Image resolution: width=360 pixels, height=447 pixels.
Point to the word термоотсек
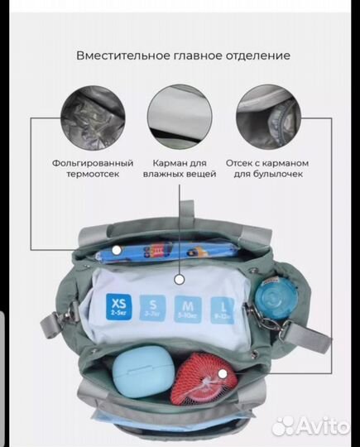(x=92, y=175)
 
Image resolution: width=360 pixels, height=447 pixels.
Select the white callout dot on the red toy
(x=222, y=374)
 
